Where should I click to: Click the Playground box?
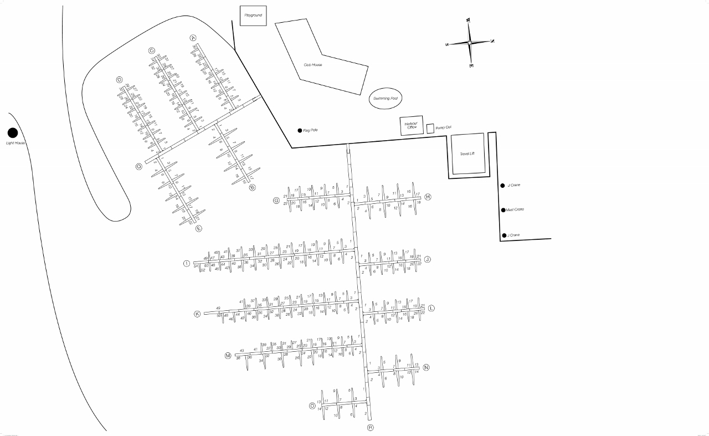click(253, 16)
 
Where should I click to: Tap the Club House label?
click(313, 65)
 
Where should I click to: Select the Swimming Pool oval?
click(386, 98)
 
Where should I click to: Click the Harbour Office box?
click(411, 126)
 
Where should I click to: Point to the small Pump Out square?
click(430, 128)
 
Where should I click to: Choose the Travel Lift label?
click(468, 153)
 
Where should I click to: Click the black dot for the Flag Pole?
click(300, 131)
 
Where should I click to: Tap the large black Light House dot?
click(12, 133)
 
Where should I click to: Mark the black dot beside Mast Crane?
click(503, 210)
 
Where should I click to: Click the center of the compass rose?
click(470, 43)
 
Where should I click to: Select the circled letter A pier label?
click(193, 38)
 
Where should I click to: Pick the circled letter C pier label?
click(151, 51)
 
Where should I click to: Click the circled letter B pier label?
click(253, 187)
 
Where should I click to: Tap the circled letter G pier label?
click(276, 200)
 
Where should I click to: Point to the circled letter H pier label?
click(428, 197)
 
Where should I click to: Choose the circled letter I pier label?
click(187, 263)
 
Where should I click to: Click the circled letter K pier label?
click(197, 314)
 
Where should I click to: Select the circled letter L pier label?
click(431, 308)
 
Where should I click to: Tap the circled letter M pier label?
click(227, 356)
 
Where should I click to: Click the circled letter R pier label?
click(371, 428)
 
